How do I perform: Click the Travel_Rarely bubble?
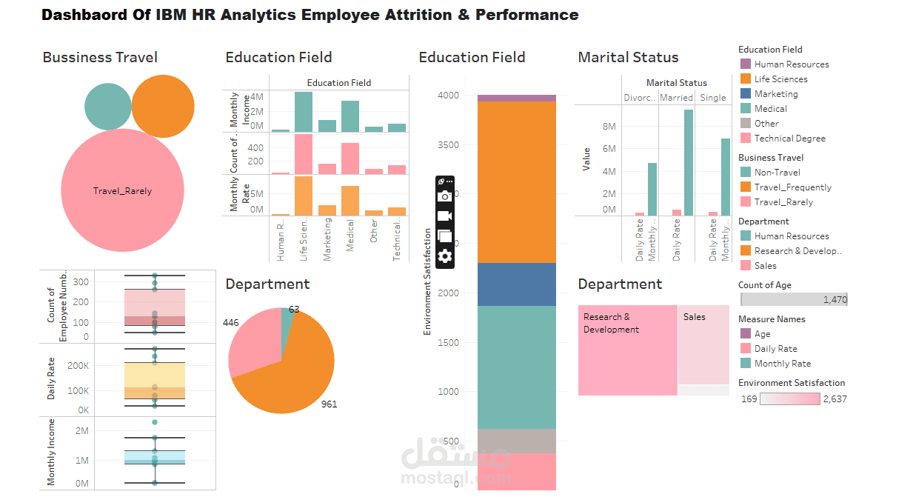pyautogui.click(x=122, y=190)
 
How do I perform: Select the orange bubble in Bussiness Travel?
pyautogui.click(x=163, y=107)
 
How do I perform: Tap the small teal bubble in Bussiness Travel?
pyautogui.click(x=107, y=107)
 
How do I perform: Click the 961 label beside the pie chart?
pyautogui.click(x=329, y=404)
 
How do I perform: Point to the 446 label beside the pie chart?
pyautogui.click(x=231, y=323)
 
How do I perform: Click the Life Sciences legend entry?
pyautogui.click(x=780, y=79)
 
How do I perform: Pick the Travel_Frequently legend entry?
pyautogui.click(x=792, y=187)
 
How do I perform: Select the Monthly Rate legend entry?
pyautogui.click(x=782, y=364)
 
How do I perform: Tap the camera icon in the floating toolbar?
pyautogui.click(x=444, y=196)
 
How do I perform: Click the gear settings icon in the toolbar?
pyautogui.click(x=444, y=256)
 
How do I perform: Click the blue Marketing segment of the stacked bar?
pyautogui.click(x=516, y=284)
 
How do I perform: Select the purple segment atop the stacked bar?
pyautogui.click(x=516, y=98)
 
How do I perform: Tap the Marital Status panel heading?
pyautogui.click(x=628, y=57)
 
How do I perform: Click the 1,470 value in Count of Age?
pyautogui.click(x=834, y=300)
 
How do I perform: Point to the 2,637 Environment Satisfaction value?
pyautogui.click(x=835, y=399)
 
